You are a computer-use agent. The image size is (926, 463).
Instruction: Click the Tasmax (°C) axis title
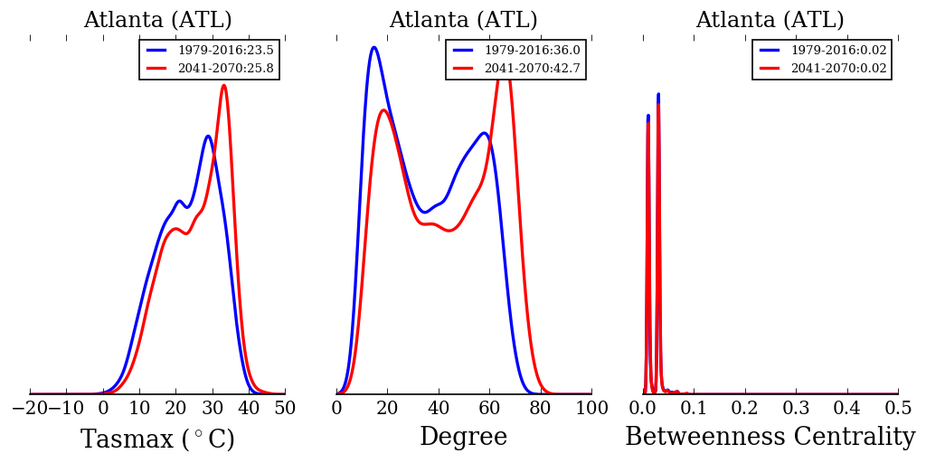tap(157, 439)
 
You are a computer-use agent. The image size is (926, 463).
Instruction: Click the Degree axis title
tap(463, 438)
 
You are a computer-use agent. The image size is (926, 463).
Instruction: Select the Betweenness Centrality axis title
tap(770, 438)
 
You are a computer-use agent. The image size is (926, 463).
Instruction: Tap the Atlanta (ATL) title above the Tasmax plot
tap(157, 20)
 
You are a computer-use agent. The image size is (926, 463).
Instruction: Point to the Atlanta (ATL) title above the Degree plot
tap(463, 20)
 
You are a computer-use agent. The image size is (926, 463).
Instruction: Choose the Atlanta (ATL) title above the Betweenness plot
tap(770, 20)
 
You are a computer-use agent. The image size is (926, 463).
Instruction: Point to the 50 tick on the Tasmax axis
tap(285, 409)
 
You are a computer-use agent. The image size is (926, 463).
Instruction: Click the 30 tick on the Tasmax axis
tap(213, 409)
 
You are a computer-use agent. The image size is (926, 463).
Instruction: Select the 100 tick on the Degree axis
tap(591, 409)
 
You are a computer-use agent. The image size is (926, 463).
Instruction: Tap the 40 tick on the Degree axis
tap(439, 409)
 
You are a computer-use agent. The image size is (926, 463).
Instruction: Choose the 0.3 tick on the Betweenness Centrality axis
tap(796, 409)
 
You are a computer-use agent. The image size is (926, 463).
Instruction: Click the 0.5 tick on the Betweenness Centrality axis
tap(898, 409)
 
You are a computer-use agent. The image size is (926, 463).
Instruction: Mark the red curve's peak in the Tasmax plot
tap(223, 86)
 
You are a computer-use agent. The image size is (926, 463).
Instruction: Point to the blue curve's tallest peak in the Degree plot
tap(373, 47)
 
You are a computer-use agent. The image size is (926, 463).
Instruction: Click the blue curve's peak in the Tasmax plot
tap(208, 137)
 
